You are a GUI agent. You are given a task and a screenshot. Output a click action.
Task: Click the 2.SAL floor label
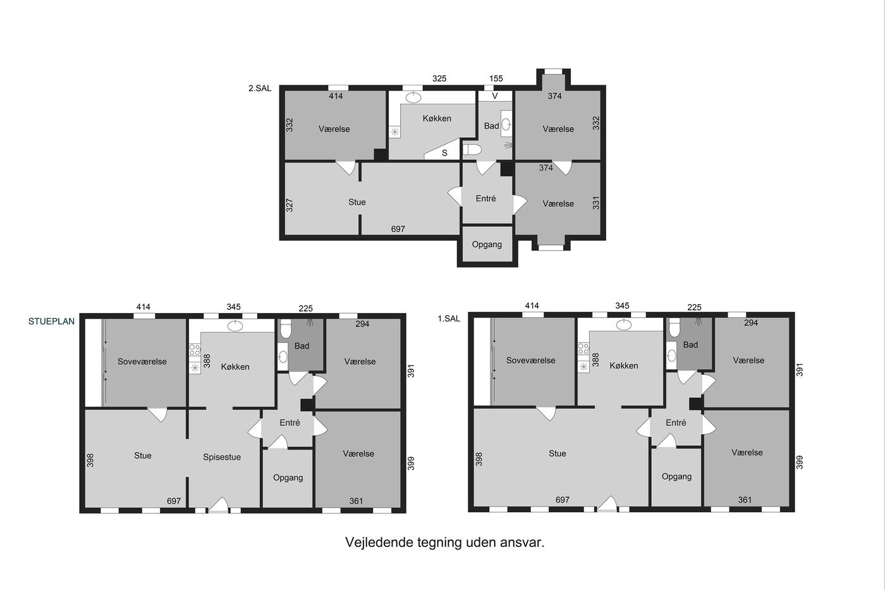[260, 89]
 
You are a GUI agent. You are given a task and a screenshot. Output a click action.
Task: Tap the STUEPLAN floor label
[51, 321]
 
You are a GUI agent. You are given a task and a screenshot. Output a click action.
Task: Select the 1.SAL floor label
[449, 319]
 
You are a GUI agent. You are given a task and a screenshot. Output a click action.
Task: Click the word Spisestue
[222, 457]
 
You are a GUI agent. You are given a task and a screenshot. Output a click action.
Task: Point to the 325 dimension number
[439, 78]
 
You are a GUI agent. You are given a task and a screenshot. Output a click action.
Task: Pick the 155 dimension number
[496, 78]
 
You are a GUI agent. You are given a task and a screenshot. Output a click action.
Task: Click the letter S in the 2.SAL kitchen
[444, 153]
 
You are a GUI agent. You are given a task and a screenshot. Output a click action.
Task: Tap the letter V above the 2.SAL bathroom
[494, 96]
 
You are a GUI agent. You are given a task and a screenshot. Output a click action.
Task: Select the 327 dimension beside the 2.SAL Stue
[290, 205]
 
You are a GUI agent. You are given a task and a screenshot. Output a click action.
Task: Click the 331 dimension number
[596, 203]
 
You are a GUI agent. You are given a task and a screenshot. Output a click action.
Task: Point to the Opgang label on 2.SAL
[487, 245]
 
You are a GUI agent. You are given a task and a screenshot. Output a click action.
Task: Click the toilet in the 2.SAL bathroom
[472, 150]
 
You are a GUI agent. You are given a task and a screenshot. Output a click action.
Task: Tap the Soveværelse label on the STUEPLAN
[142, 362]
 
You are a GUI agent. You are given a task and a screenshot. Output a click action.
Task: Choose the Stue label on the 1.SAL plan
[558, 453]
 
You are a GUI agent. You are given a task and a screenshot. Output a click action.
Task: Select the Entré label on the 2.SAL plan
[486, 199]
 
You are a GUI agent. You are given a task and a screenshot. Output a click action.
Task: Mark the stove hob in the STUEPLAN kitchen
[195, 350]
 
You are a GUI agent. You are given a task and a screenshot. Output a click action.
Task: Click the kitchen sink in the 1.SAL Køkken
[624, 325]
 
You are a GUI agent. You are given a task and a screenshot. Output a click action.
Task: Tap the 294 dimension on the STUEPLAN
[362, 324]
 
